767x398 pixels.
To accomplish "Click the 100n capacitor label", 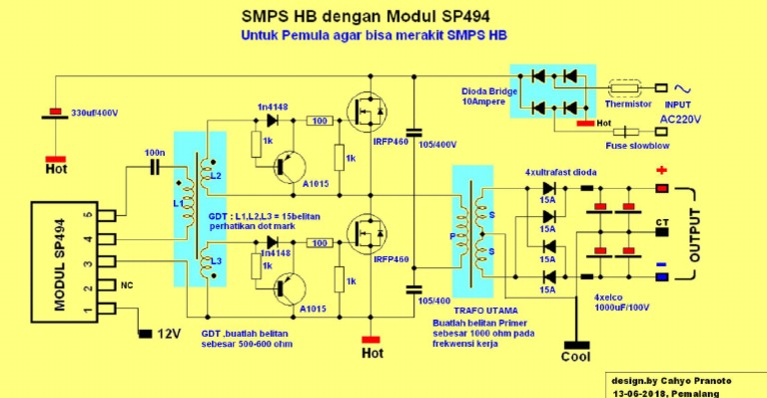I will click(x=155, y=153).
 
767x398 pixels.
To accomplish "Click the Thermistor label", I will click(x=628, y=103).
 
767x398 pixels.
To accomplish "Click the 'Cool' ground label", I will click(x=576, y=355).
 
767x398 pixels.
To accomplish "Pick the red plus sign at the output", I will click(x=661, y=171).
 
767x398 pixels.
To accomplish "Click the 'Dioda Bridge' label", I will click(x=484, y=89).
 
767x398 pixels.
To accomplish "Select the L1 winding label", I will click(x=179, y=204).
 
